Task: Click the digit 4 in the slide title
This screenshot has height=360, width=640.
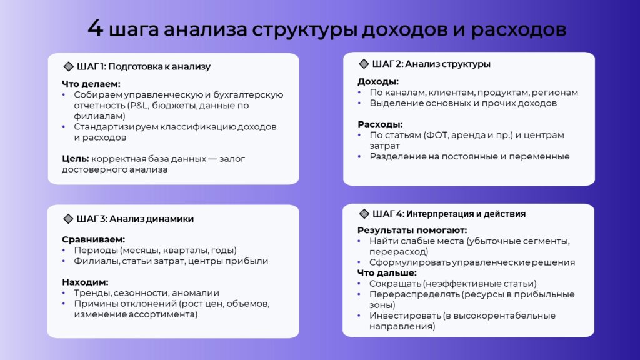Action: pos(95,29)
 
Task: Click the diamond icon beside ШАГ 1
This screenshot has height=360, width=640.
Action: pos(69,66)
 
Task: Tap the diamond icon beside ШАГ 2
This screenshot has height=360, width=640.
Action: pos(364,64)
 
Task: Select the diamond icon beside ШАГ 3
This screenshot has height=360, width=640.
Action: pos(68,219)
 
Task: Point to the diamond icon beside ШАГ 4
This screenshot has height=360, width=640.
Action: pos(364,214)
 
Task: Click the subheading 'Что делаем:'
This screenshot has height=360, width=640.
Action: pos(91,84)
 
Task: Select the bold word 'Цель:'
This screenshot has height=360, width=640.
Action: pos(76,158)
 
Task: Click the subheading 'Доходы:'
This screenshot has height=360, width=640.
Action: pos(378,81)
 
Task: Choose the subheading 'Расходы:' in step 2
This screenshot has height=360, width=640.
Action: pos(380,124)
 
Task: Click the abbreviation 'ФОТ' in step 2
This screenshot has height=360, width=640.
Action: pos(437,135)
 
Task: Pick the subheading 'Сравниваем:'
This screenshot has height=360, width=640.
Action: pos(94,239)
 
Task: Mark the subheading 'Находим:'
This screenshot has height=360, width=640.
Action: pos(85,282)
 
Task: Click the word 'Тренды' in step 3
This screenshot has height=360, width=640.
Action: pos(92,293)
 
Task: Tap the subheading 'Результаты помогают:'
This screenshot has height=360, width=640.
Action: pos(412,230)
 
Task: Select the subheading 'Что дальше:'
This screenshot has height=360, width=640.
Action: pos(387,272)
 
